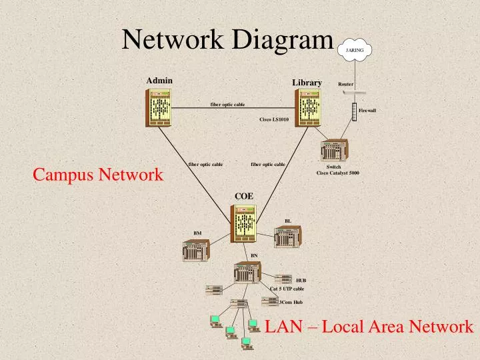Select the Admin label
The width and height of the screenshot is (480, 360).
(159, 81)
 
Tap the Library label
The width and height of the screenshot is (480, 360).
(307, 82)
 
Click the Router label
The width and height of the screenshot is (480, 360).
(345, 85)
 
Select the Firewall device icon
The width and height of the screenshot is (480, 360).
(354, 112)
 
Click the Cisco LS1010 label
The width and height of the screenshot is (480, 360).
(273, 119)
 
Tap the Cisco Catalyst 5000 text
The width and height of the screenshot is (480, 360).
(337, 173)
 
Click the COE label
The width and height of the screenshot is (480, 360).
(244, 195)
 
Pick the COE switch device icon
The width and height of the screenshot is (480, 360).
(243, 223)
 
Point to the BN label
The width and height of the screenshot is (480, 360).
(253, 255)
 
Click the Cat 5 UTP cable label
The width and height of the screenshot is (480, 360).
(287, 289)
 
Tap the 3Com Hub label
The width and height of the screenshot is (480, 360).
(291, 302)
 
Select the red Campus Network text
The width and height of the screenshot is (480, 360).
(98, 175)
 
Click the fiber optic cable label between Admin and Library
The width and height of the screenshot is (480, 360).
(227, 105)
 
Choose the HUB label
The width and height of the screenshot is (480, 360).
(301, 281)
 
